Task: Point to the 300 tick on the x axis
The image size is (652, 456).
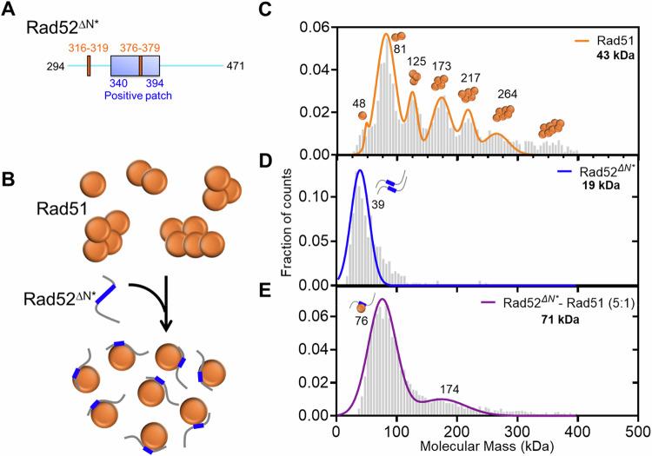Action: tap(517, 430)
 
